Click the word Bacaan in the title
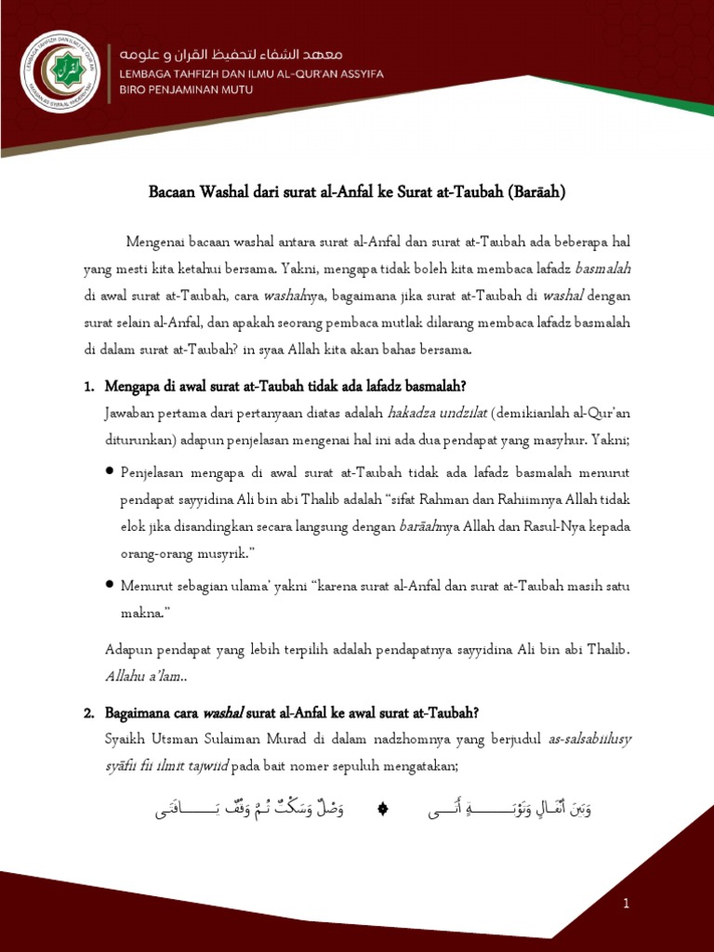pos(173,192)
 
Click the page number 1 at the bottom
pos(627,903)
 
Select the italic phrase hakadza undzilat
pos(435,412)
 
